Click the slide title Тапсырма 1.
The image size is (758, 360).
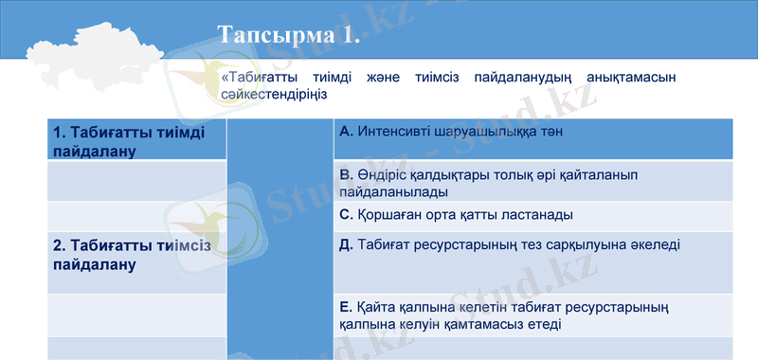(x=288, y=35)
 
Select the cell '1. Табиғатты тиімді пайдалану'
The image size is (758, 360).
(x=127, y=141)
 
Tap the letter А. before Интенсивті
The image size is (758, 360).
(x=346, y=132)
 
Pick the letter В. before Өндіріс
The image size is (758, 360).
(x=346, y=175)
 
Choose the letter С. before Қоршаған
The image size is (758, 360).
(x=346, y=214)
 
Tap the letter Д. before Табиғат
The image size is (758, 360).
(x=346, y=244)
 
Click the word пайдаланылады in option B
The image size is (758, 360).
(x=394, y=191)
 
